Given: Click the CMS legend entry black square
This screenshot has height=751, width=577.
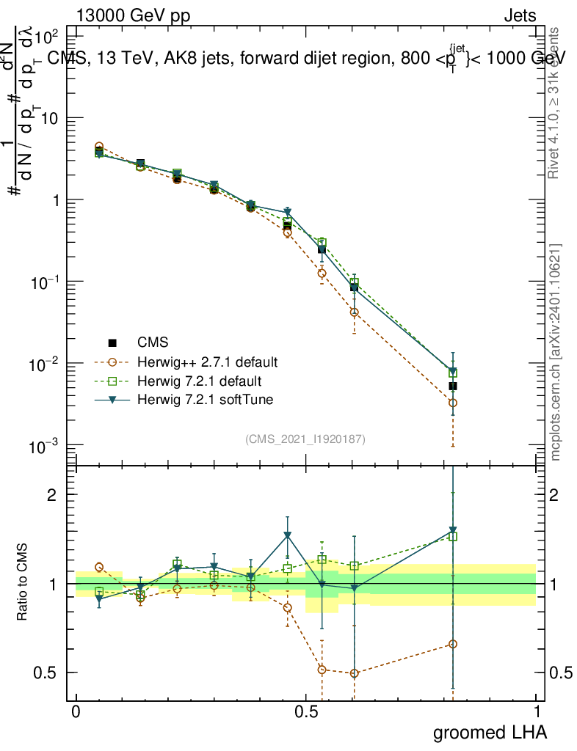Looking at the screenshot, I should (112, 342).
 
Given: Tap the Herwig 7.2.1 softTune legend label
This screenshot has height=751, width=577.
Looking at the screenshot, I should (200, 400).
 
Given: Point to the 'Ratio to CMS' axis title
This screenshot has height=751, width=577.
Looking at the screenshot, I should (23, 583).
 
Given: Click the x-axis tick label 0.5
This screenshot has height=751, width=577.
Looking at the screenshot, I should (306, 712).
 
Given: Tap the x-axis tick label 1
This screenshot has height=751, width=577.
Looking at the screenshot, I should (536, 712).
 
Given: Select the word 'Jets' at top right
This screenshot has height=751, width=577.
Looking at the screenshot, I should (520, 15).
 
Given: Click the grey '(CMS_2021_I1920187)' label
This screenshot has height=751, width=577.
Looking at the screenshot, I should (305, 439).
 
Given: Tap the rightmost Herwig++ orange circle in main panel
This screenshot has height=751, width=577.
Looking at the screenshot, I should (453, 403).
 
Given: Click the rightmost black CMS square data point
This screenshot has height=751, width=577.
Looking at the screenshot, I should (453, 386).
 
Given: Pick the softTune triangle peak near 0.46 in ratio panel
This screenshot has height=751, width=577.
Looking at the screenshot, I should (288, 535).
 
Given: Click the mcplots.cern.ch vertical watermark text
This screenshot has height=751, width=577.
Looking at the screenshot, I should (556, 352).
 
